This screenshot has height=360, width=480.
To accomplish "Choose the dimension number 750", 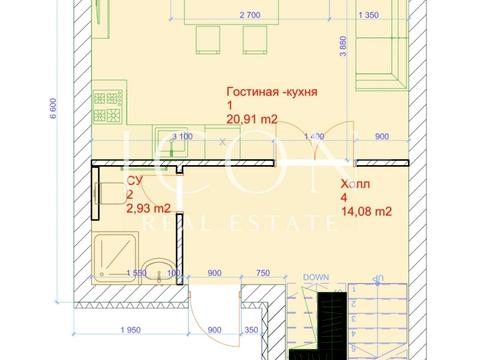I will pos(263,273).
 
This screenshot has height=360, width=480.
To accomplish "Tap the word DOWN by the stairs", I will pos(316,276).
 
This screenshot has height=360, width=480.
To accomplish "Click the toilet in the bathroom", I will pos(107,193).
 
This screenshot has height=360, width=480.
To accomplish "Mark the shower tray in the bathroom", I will pos(110,257).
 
